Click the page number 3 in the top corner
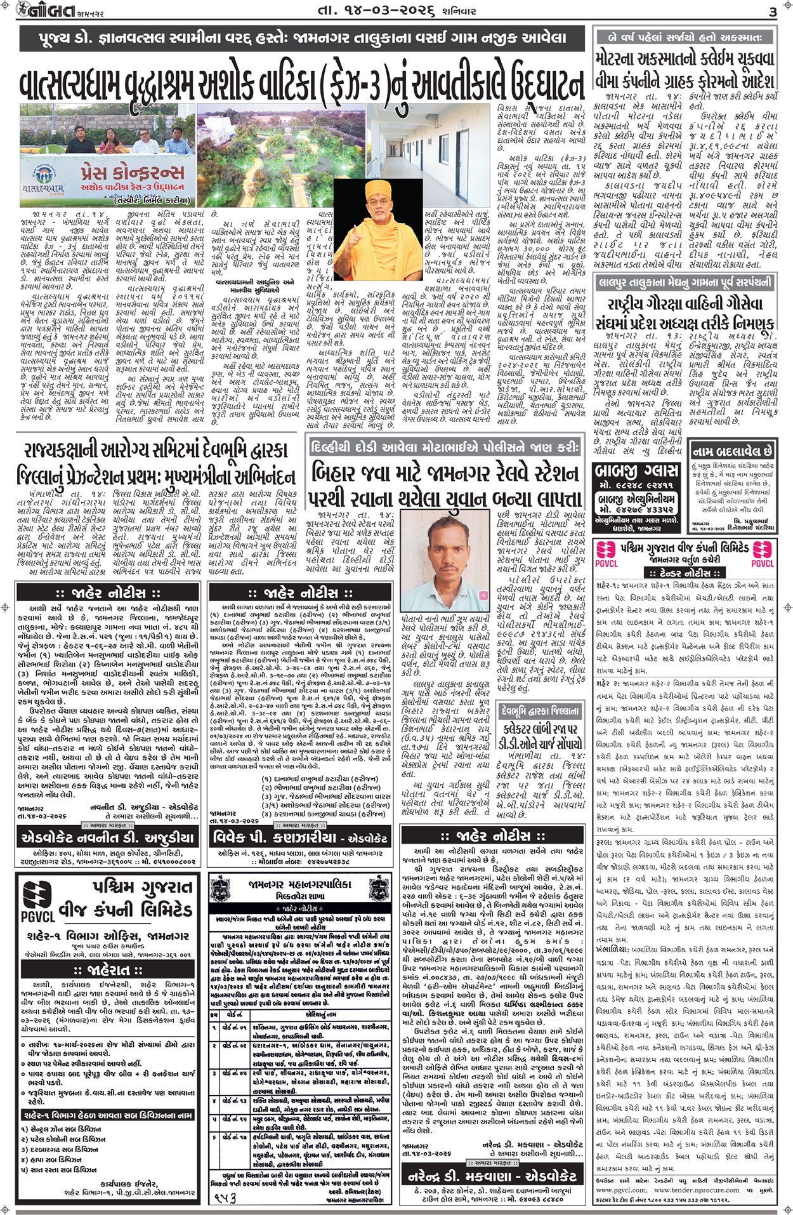tap(772, 12)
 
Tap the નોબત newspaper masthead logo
tap(39, 11)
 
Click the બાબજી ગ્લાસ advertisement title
tap(638, 472)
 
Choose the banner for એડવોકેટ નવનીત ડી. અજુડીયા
tap(108, 837)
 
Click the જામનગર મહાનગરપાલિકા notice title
tap(299, 884)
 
